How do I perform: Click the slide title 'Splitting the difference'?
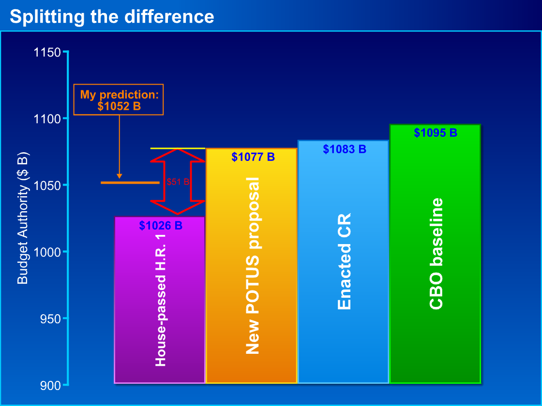point(112,16)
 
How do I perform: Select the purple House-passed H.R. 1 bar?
point(160,300)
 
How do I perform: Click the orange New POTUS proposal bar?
point(251,265)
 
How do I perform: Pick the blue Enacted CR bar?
point(343,261)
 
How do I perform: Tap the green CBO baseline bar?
point(435,253)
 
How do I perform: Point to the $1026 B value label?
point(161,225)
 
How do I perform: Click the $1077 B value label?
point(253,157)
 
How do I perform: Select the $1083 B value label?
point(345,149)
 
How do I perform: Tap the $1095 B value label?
point(436,132)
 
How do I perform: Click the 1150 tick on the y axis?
point(47,52)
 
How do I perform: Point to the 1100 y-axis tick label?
point(47,119)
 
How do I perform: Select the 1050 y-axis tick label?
point(47,186)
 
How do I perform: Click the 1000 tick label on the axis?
point(47,252)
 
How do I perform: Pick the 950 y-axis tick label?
point(50,319)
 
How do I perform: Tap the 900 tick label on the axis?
point(50,385)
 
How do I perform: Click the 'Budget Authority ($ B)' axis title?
point(23,218)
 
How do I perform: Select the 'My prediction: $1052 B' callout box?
point(119,100)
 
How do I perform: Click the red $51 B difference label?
point(178,182)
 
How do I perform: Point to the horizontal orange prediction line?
point(130,183)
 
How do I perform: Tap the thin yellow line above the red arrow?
point(178,148)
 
